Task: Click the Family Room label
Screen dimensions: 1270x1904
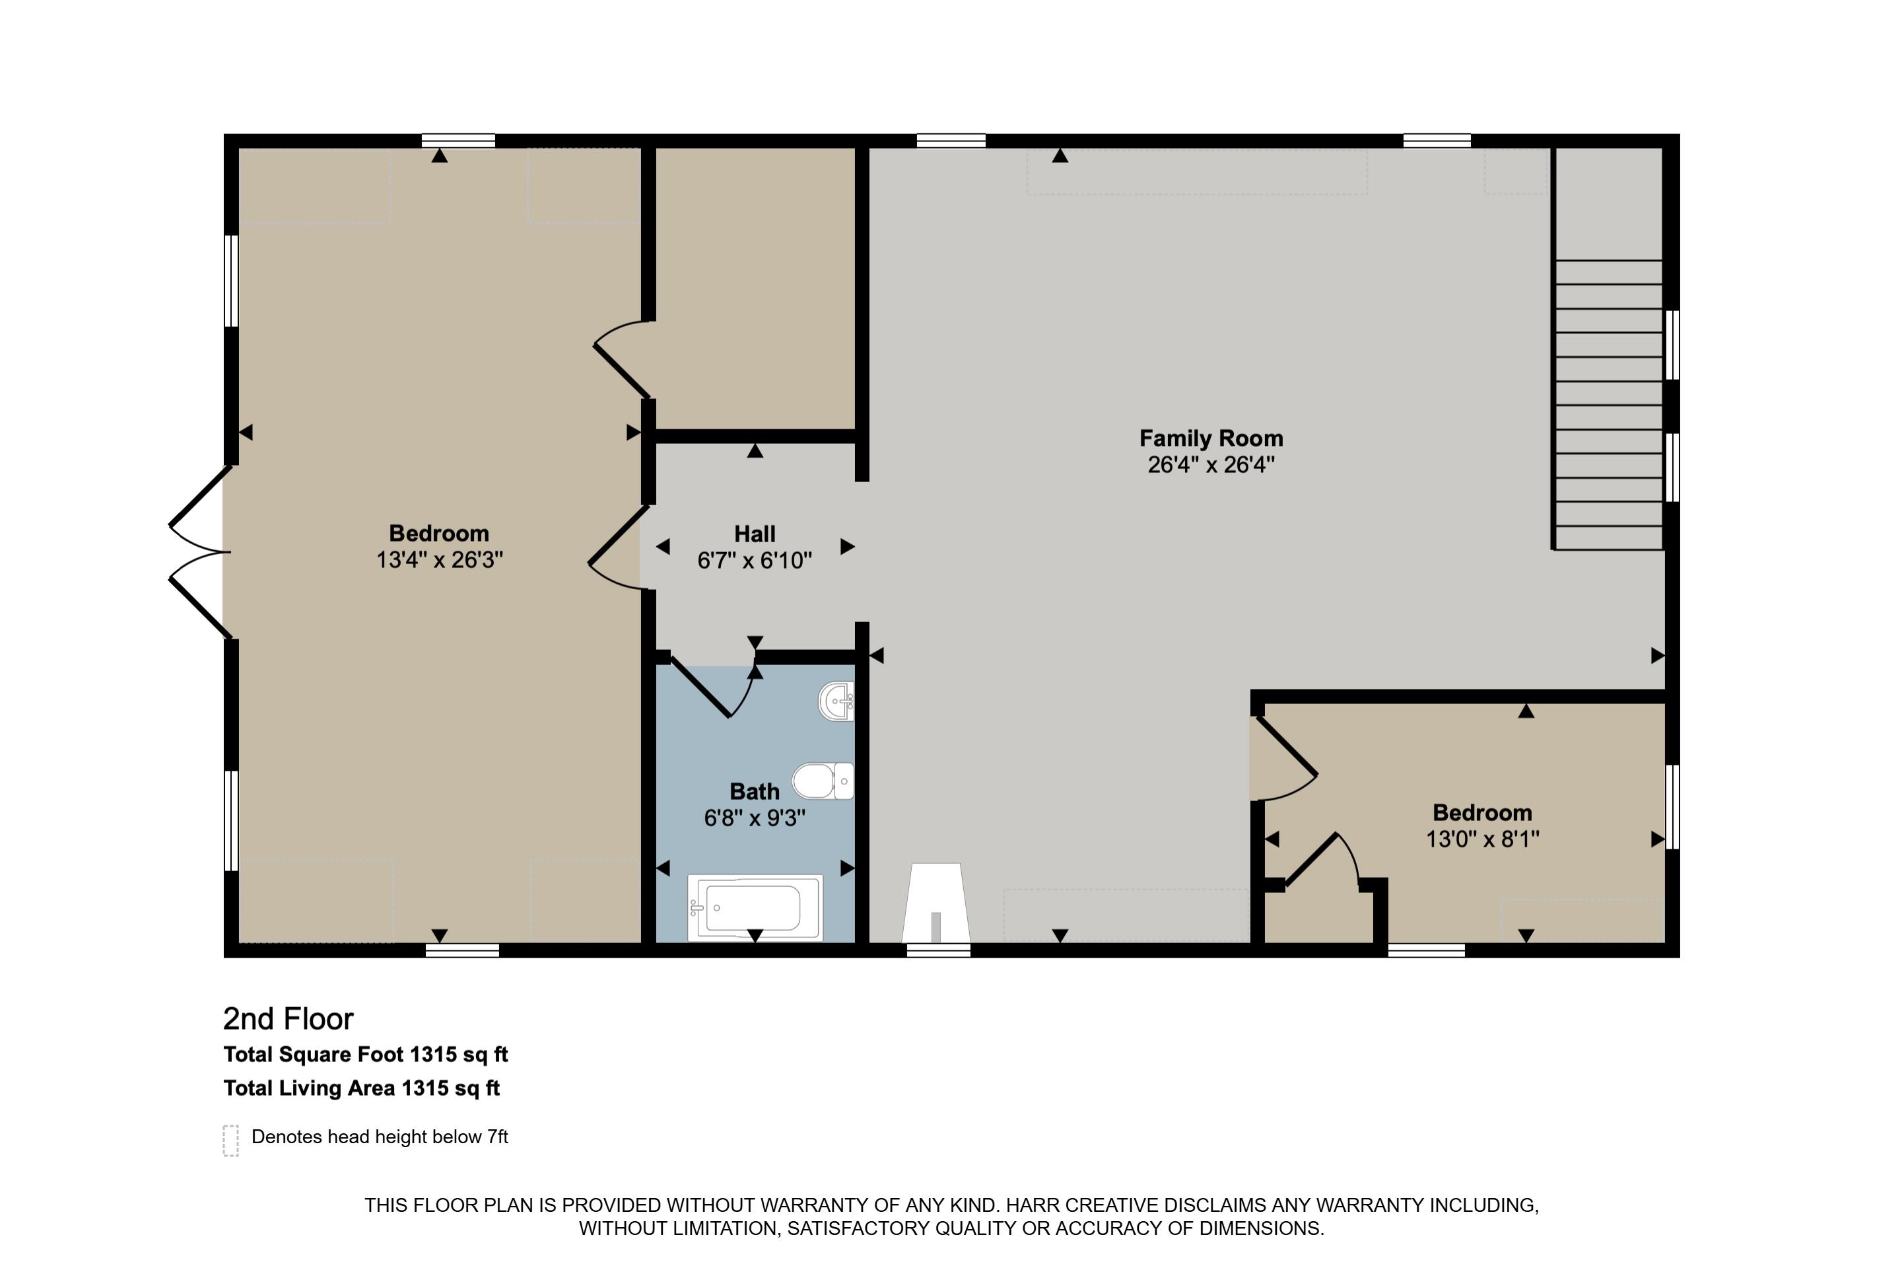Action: (x=1210, y=438)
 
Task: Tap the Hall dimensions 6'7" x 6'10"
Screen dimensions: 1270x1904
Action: (x=754, y=561)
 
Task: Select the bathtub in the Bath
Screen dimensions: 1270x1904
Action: (x=755, y=907)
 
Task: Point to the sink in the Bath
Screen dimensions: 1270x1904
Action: (x=836, y=701)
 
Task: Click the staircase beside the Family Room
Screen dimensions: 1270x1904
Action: (x=1608, y=405)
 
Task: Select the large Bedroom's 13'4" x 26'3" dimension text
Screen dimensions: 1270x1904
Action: (x=439, y=559)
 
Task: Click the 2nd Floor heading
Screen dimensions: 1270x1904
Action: (x=289, y=1019)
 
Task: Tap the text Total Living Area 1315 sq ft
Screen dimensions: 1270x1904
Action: (x=361, y=1088)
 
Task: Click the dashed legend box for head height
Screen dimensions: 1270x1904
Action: (x=230, y=1140)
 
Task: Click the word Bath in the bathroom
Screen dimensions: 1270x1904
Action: (x=754, y=791)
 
